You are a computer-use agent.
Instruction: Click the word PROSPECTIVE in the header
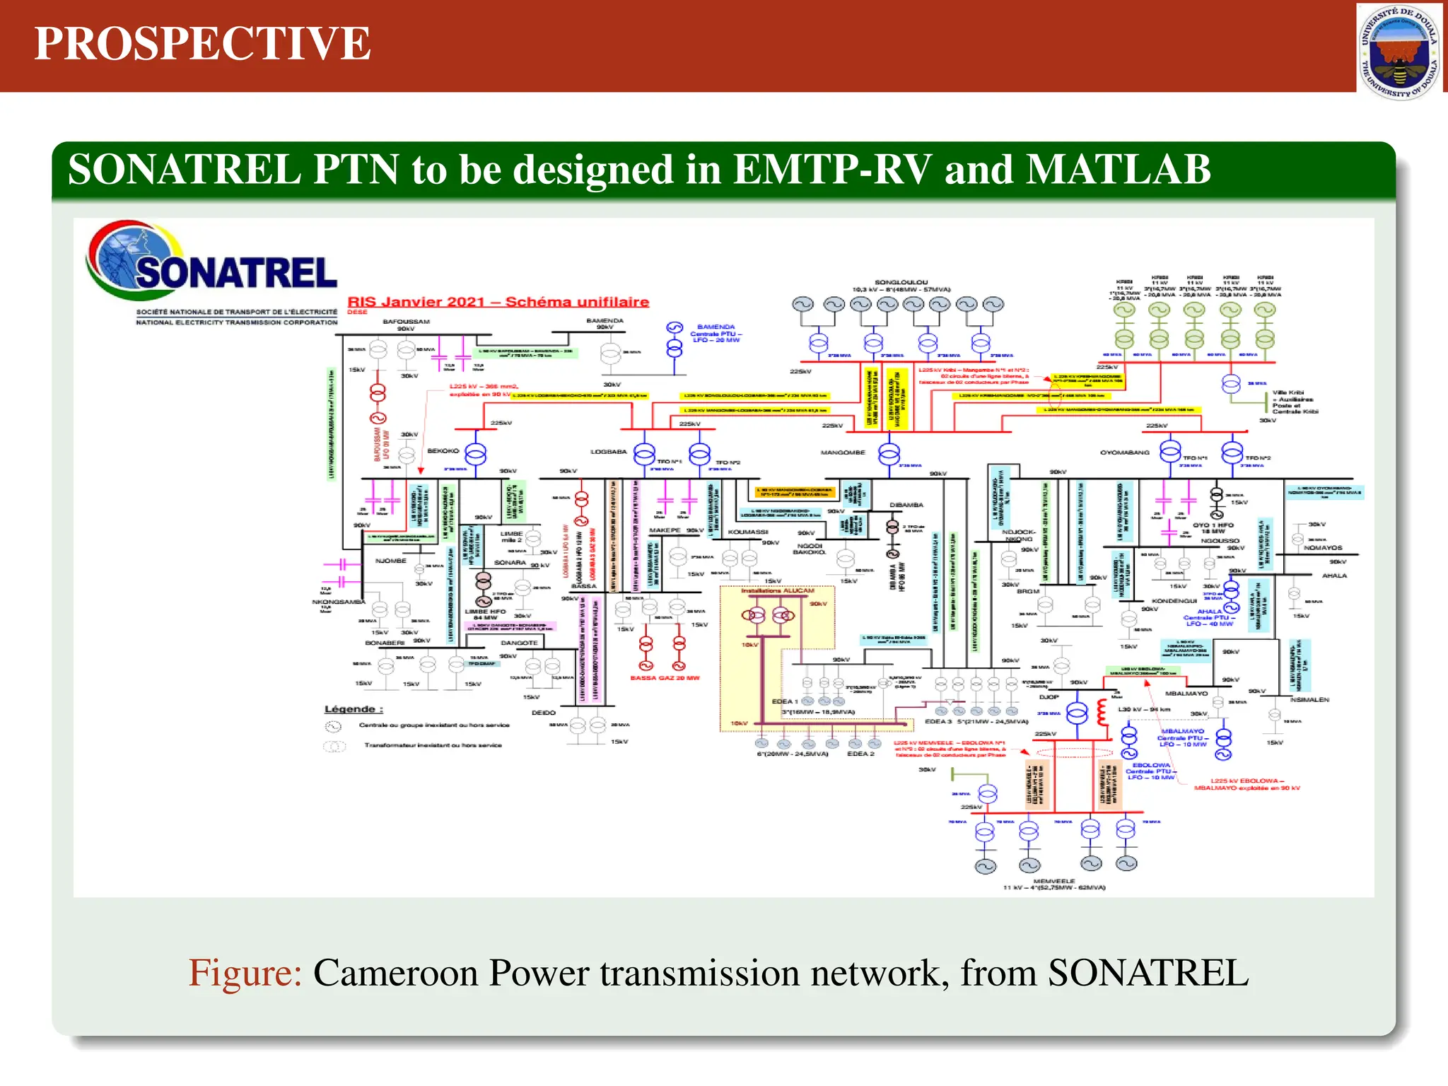point(202,44)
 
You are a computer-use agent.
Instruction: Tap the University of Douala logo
point(1399,51)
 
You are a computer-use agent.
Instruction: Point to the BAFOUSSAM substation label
point(406,322)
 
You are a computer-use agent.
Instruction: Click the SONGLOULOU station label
point(901,282)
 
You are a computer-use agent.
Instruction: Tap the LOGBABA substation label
point(609,452)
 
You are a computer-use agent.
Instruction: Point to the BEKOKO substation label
point(443,451)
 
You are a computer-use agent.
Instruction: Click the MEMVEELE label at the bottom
point(1053,881)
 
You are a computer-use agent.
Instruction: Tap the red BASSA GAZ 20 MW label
point(665,678)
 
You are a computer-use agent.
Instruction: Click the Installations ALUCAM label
point(777,590)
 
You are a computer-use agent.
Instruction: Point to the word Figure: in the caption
point(245,973)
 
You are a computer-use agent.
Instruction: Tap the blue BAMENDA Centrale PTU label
point(716,334)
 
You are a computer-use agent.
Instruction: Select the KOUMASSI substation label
point(747,532)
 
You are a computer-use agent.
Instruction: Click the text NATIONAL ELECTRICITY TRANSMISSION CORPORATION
point(237,322)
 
